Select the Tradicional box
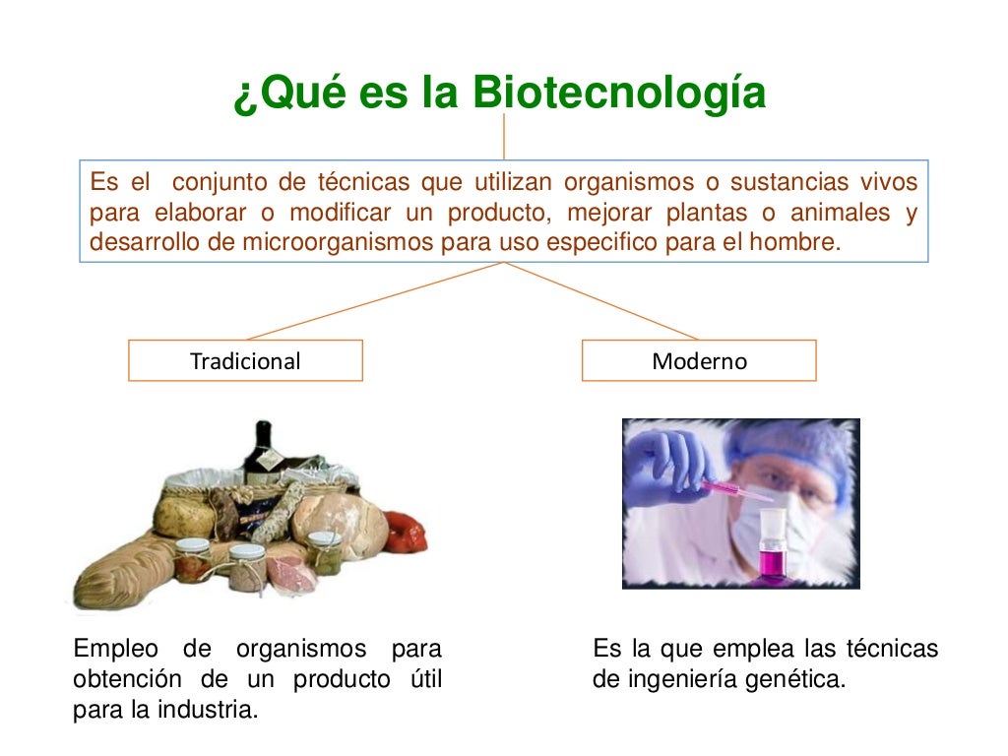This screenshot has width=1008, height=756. [x=245, y=360]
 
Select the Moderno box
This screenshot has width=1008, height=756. [x=699, y=360]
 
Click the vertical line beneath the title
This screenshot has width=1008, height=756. [x=504, y=136]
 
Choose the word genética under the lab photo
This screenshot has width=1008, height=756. [x=803, y=679]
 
